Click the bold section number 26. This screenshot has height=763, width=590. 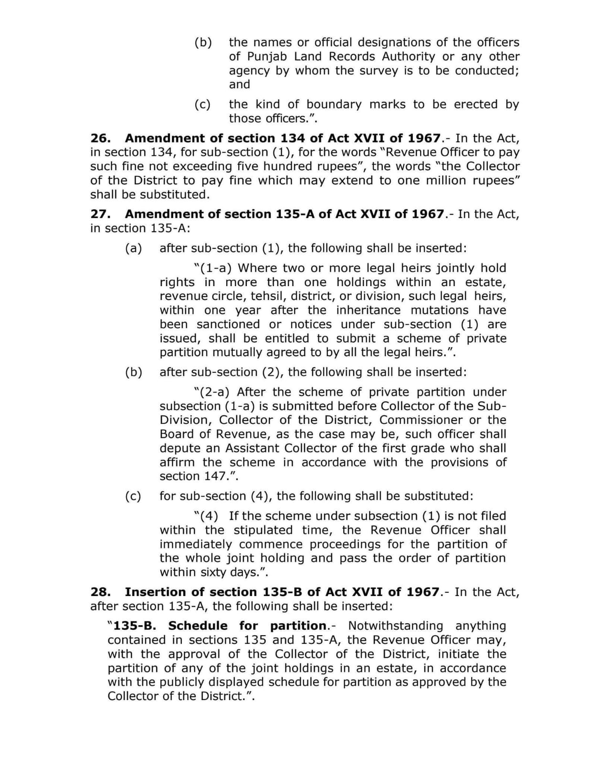coord(100,138)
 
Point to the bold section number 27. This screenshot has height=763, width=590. coord(100,214)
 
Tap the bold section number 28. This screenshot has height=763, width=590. coord(100,592)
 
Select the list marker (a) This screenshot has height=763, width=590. coord(134,248)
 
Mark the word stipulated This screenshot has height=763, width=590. coord(263,530)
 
